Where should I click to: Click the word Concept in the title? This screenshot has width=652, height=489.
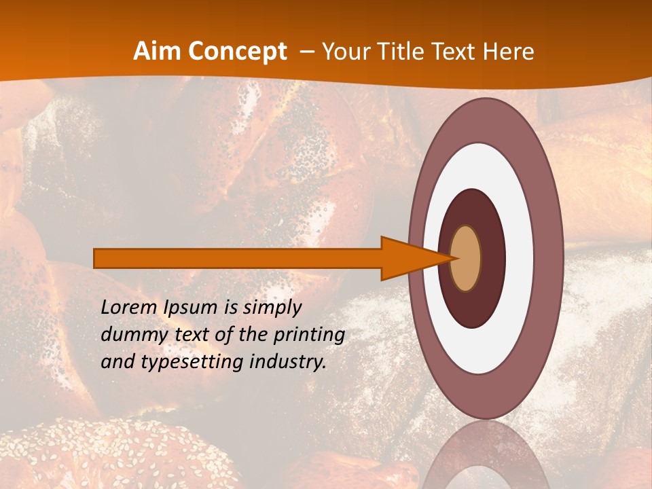tap(236, 52)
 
